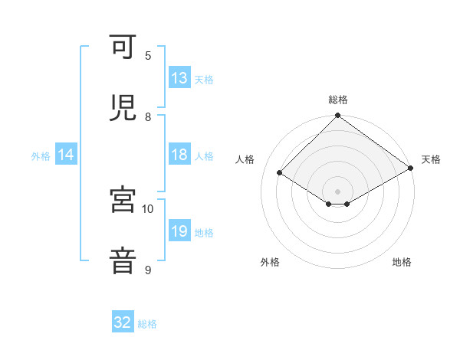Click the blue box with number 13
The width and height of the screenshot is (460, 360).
point(179,78)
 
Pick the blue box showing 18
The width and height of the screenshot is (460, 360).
point(179,155)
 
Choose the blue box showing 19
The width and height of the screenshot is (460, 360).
point(179,232)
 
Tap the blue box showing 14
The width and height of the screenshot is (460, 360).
point(66,155)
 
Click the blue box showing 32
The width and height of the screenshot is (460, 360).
point(123,322)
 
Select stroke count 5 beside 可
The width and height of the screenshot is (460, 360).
point(148,56)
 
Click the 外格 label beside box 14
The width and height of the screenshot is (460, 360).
point(41,156)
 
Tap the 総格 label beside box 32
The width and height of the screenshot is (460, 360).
point(147,324)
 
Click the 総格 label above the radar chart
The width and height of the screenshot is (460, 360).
point(337,100)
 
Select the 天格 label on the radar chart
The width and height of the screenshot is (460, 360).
point(431,159)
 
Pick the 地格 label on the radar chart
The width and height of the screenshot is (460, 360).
point(402,262)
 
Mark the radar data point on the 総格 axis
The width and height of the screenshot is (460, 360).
point(337,116)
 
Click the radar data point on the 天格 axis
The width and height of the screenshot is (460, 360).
point(411,168)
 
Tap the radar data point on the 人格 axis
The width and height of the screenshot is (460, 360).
point(280,173)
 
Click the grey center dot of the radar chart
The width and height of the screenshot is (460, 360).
point(337,191)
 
